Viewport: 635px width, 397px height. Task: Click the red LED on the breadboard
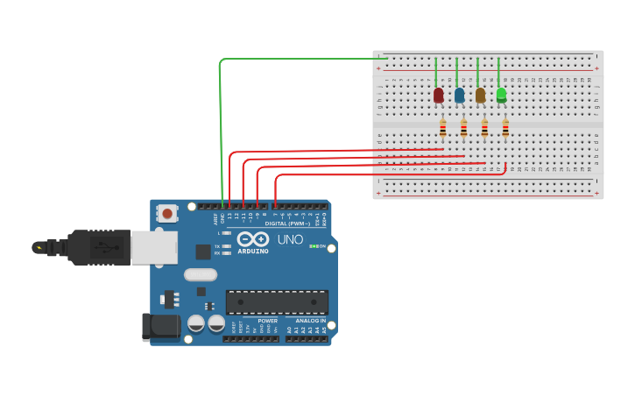[x=438, y=95]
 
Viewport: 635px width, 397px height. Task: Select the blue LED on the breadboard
[x=459, y=95]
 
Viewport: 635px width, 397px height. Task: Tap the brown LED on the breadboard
[x=480, y=95]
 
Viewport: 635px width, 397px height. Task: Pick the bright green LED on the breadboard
[x=501, y=95]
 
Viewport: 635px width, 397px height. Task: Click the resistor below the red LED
[x=442, y=128]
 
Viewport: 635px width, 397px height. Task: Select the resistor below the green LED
[x=505, y=128]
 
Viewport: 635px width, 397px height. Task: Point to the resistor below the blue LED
[x=463, y=128]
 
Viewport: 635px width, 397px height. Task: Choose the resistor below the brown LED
[x=484, y=128]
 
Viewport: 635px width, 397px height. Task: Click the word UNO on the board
[x=290, y=239]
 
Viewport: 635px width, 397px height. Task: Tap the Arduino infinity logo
[x=252, y=238]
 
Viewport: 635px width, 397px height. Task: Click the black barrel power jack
[x=160, y=327]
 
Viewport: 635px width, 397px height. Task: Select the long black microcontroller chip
[x=277, y=302]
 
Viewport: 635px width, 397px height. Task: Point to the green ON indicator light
[x=313, y=246]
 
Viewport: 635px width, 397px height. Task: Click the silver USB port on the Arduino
[x=154, y=248]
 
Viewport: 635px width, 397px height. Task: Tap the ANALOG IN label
[x=310, y=321]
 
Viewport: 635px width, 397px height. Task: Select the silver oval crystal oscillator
[x=200, y=274]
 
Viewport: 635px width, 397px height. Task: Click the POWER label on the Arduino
[x=267, y=321]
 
